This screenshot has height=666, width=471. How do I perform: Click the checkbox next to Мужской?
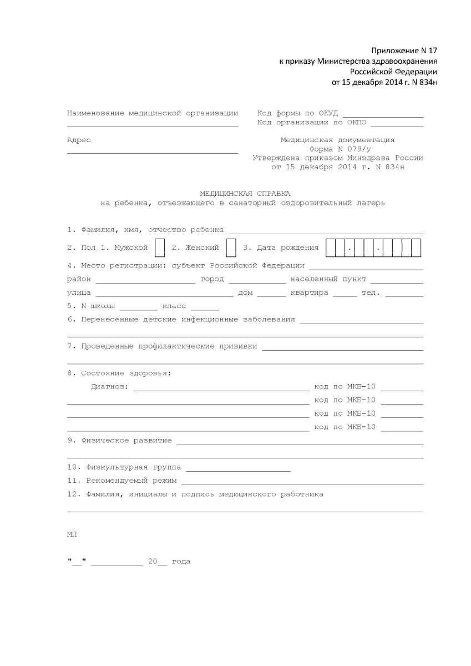(x=160, y=248)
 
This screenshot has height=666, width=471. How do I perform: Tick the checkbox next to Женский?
(x=232, y=248)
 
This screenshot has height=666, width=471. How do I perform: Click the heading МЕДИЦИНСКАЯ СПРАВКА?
(x=245, y=193)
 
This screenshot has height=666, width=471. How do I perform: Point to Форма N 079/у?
(x=337, y=149)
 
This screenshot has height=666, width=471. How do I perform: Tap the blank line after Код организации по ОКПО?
(x=397, y=124)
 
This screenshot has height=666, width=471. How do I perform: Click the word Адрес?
(x=79, y=140)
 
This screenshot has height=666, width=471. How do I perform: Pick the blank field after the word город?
(x=257, y=280)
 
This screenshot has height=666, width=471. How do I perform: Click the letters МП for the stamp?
(x=72, y=534)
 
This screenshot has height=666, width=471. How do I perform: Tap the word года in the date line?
(x=181, y=562)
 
